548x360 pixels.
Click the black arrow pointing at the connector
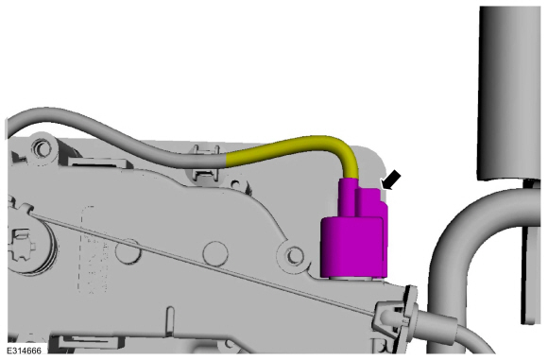point(391,180)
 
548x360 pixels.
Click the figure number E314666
point(24,351)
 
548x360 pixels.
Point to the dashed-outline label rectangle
point(94,249)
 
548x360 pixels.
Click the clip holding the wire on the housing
point(206,163)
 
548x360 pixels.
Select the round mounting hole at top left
point(43,148)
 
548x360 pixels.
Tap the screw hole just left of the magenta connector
point(294,256)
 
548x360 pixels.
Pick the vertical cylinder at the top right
point(509,93)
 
